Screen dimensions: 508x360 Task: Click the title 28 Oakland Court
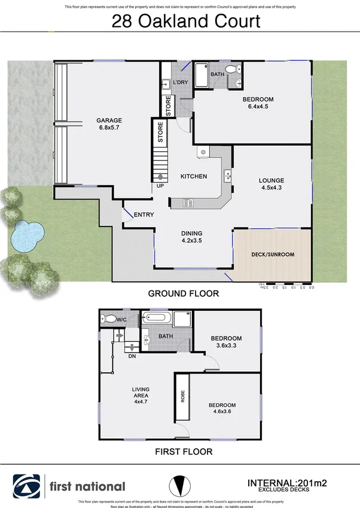coord(187,22)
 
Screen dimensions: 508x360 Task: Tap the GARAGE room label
coord(109,120)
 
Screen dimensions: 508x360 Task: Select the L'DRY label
coord(181,82)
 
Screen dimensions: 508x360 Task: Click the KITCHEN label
coord(194,176)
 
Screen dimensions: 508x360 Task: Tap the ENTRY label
coord(144,215)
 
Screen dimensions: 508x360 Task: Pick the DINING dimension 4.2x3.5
coord(192,241)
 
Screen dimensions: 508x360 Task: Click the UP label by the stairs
coord(160,186)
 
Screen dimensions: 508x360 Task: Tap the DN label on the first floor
coord(132,356)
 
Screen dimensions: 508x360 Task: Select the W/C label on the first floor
coord(121,320)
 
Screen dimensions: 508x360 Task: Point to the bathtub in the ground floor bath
coord(202,76)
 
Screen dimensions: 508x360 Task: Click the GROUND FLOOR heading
coord(183,293)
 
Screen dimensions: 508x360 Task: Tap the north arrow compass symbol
coord(180,485)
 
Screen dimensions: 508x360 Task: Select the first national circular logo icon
coord(28,485)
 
